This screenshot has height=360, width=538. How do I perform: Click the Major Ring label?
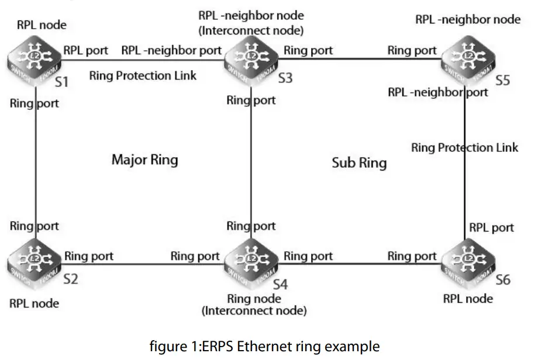click(144, 160)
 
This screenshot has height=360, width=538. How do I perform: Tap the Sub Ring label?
click(359, 162)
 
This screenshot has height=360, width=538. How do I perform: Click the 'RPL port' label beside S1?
click(85, 50)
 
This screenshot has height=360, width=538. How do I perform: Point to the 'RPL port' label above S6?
click(491, 227)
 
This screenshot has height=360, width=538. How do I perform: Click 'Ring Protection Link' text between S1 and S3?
click(143, 75)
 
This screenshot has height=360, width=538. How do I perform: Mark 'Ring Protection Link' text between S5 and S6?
click(464, 147)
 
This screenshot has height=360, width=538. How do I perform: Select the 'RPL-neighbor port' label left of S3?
click(171, 50)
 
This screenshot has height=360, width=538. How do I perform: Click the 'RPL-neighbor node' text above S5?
click(468, 19)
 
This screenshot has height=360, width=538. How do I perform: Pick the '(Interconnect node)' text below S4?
click(254, 311)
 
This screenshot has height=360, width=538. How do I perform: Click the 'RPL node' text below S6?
click(467, 299)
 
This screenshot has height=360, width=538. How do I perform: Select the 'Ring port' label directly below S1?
click(34, 104)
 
